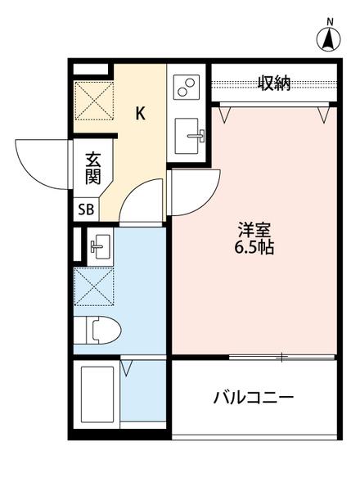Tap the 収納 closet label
pyautogui.click(x=274, y=83)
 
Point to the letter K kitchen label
pyautogui.click(x=140, y=114)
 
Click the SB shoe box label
pyautogui.click(x=86, y=209)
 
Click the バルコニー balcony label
pyautogui.click(x=253, y=399)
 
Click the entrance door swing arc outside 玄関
pyautogui.click(x=41, y=162)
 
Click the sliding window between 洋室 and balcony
pyautogui.click(x=281, y=356)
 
